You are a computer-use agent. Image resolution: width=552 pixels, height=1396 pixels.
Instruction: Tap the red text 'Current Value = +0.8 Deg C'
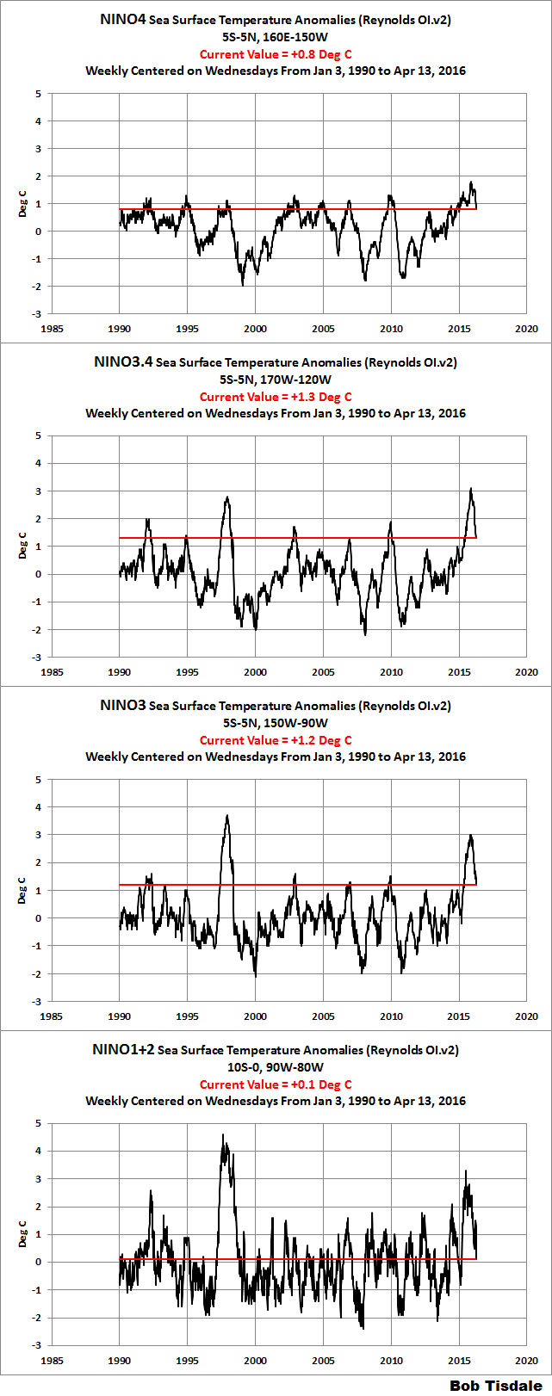point(276,54)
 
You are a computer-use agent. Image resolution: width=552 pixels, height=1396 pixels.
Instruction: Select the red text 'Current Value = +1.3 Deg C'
point(276,397)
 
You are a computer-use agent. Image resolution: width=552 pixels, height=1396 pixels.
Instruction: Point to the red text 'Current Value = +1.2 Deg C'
point(276,740)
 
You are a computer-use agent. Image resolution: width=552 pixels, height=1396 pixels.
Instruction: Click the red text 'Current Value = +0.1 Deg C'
point(276,1084)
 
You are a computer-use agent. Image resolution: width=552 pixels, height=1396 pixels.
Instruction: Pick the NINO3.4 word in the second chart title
point(123,362)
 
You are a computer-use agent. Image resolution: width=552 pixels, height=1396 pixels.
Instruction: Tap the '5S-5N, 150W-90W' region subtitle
point(276,723)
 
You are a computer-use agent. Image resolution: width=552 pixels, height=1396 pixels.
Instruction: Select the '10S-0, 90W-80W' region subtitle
point(276,1067)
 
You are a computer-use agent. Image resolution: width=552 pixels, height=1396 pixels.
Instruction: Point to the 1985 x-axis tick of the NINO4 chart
point(52,329)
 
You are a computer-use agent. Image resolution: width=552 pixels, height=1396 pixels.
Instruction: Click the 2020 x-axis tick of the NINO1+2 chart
point(527,1361)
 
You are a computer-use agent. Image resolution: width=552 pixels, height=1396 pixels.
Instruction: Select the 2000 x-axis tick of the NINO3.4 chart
point(255,672)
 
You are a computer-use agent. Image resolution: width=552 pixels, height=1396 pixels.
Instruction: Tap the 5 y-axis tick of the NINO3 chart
point(38,780)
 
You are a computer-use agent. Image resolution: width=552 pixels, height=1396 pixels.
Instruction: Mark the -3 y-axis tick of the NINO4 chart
point(36,314)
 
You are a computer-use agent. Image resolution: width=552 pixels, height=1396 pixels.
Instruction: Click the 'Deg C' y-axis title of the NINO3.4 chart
point(23,547)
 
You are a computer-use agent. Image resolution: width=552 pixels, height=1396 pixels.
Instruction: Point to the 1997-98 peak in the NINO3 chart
point(226,816)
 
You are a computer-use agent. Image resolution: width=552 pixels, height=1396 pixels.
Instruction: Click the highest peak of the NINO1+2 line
point(223,1135)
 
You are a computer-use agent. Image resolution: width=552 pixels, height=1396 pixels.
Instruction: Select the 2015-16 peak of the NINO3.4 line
point(471,489)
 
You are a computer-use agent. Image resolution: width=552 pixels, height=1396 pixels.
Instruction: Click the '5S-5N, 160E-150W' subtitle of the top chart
point(276,37)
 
